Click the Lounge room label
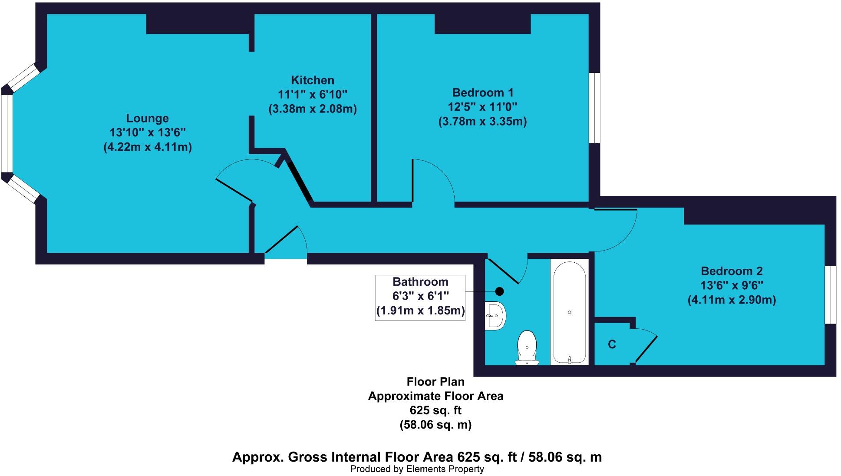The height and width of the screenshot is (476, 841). (147, 118)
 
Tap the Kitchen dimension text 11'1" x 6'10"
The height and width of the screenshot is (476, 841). (312, 94)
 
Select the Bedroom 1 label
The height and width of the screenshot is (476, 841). (482, 93)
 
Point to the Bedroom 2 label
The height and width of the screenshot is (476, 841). (732, 271)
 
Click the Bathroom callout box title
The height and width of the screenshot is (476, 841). (420, 282)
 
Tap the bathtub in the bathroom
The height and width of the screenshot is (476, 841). (569, 312)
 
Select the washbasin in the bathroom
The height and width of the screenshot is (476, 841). (496, 315)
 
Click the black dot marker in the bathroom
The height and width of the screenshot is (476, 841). (500, 291)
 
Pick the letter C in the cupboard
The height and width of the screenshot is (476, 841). (612, 344)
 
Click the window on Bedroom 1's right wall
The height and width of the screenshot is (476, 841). (594, 107)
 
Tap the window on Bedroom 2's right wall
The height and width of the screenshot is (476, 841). (830, 295)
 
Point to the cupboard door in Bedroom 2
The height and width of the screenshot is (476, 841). (646, 349)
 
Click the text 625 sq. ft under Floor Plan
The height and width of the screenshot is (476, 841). (435, 410)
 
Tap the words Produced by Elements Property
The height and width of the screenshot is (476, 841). (417, 469)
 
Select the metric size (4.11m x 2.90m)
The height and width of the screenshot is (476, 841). (732, 300)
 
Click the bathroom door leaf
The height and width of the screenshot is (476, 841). (503, 271)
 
